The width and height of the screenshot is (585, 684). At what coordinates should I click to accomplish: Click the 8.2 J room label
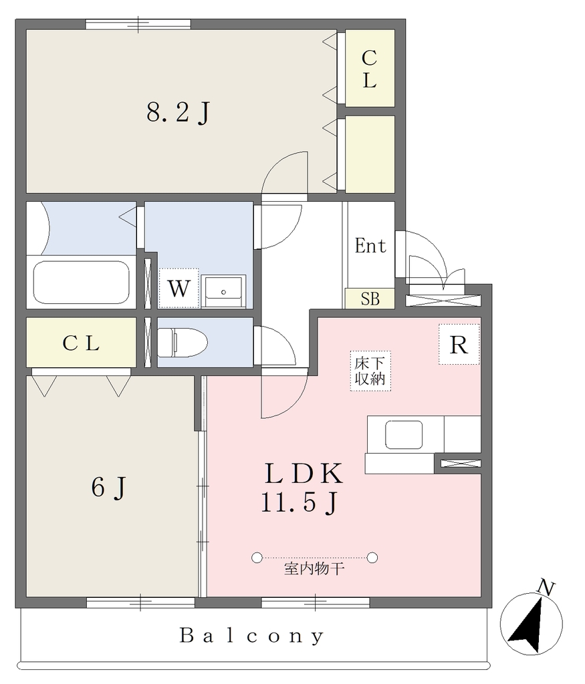pyautogui.click(x=178, y=112)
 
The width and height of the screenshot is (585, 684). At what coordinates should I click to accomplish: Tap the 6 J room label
pyautogui.click(x=109, y=487)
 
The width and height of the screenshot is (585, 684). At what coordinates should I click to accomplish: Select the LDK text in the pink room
pyautogui.click(x=304, y=474)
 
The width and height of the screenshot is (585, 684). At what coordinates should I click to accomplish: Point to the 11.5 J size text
pyautogui.click(x=300, y=502)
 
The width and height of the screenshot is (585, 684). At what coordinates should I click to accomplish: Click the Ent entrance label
pyautogui.click(x=370, y=246)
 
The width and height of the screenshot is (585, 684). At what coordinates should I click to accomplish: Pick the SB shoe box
pyautogui.click(x=370, y=299)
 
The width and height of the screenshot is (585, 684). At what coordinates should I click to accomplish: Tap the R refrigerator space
pyautogui.click(x=459, y=345)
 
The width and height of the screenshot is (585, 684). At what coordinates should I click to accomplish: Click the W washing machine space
pyautogui.click(x=179, y=288)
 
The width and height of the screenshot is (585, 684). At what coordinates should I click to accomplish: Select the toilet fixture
pyautogui.click(x=182, y=343)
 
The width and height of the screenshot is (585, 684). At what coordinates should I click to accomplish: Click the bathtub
pyautogui.click(x=82, y=283)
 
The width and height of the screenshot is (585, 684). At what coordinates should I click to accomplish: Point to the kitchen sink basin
pyautogui.click(x=403, y=434)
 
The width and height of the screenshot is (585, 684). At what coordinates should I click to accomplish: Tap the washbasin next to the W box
pyautogui.click(x=223, y=291)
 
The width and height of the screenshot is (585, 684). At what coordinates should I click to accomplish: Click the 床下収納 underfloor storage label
pyautogui.click(x=370, y=371)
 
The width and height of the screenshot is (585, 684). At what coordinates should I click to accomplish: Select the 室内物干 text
pyautogui.click(x=314, y=569)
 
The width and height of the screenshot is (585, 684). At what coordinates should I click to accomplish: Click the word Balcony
pyautogui.click(x=252, y=636)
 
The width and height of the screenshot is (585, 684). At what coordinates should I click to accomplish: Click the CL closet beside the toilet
pyautogui.click(x=81, y=343)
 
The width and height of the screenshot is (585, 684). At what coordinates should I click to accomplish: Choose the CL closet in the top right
pyautogui.click(x=370, y=69)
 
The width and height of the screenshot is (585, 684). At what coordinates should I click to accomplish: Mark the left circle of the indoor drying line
pyautogui.click(x=257, y=557)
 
